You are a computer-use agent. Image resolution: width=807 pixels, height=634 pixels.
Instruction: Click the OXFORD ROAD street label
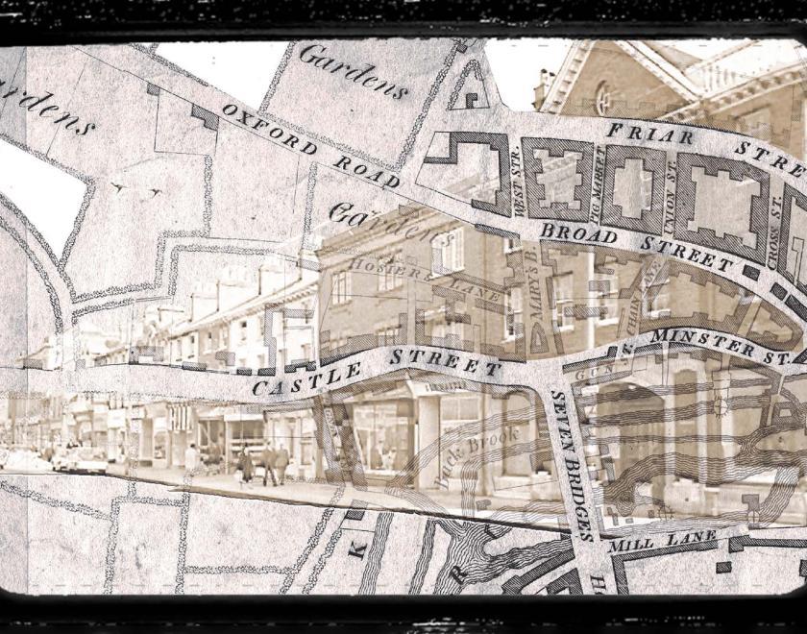[x=309, y=144]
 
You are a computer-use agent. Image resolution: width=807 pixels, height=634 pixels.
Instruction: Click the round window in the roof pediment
[x=602, y=97]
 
